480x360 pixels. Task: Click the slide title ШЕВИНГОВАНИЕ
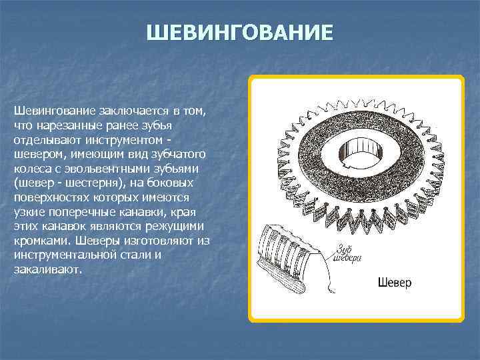point(239,32)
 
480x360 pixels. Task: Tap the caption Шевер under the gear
point(395,283)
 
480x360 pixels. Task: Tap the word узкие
point(28,212)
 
